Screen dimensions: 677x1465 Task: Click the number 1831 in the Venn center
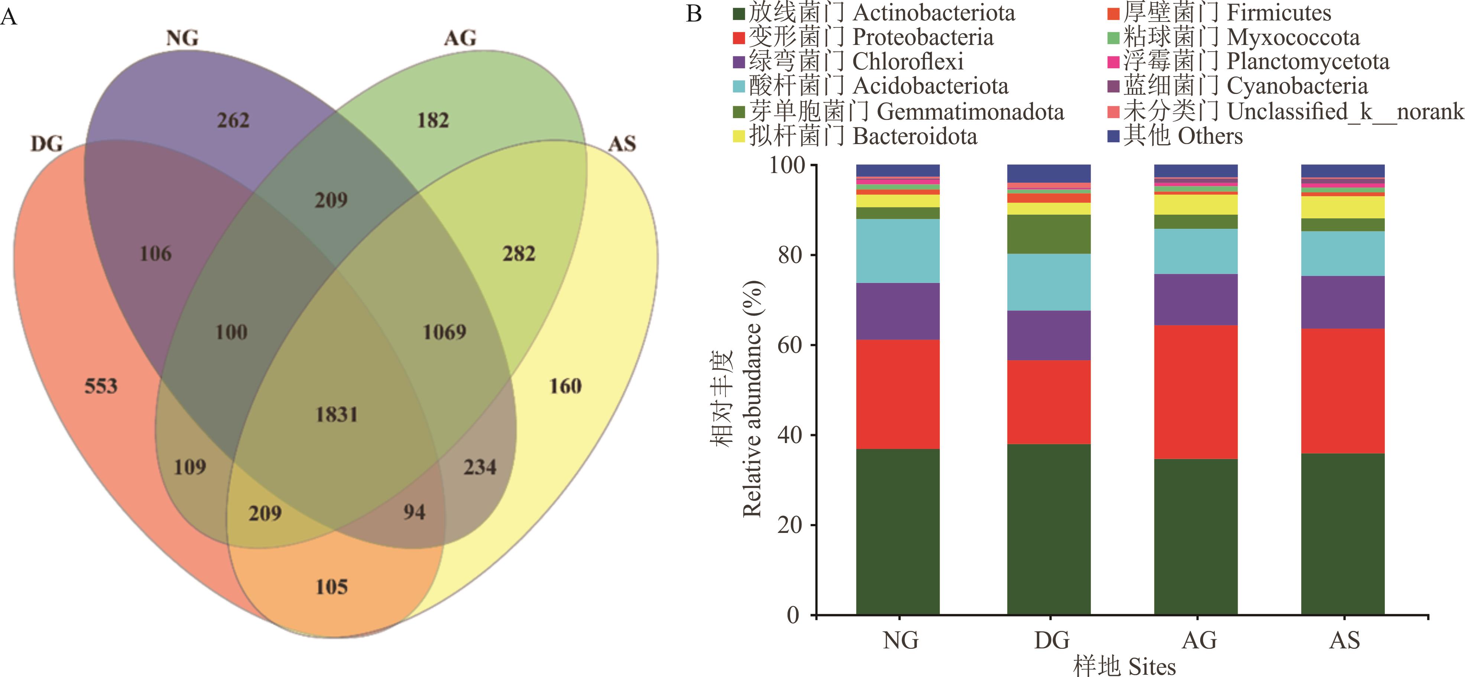click(x=337, y=414)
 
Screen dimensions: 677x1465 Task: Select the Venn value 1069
click(x=444, y=332)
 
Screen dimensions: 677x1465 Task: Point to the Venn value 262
click(x=233, y=120)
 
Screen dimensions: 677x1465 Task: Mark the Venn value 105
click(x=332, y=587)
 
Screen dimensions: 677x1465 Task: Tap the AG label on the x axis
click(x=1199, y=641)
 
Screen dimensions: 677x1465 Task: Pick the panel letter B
click(x=694, y=14)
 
